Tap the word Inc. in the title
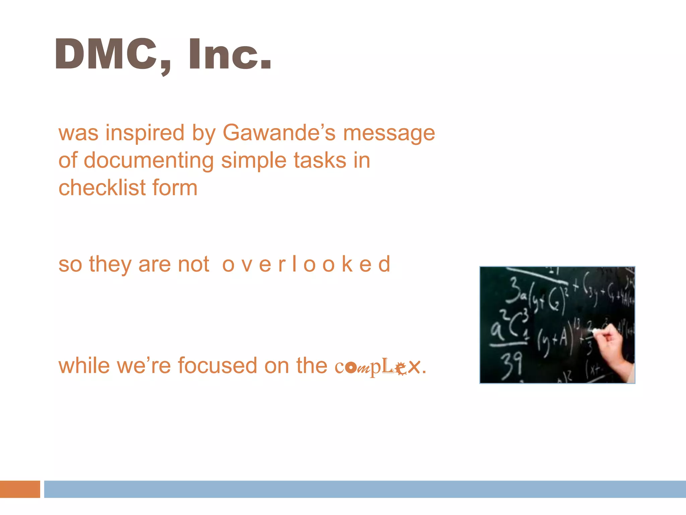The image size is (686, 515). pyautogui.click(x=229, y=54)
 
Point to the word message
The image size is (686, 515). pyautogui.click(x=389, y=133)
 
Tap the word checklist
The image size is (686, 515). pyautogui.click(x=102, y=188)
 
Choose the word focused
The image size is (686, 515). pyautogui.click(x=217, y=365)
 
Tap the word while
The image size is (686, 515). pyautogui.click(x=84, y=365)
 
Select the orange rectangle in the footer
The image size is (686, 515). pyautogui.click(x=20, y=489)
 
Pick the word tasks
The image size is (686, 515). pyautogui.click(x=320, y=160)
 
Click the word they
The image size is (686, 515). pyautogui.click(x=110, y=265)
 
